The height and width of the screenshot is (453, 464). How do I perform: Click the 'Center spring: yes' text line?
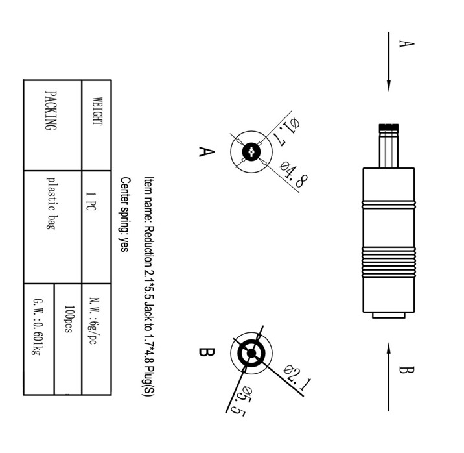coord(124,214)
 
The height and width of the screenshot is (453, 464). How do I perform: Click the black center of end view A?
coord(251,153)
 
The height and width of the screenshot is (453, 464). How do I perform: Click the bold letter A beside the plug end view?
coord(205,152)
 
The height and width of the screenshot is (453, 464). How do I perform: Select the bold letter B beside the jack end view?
coord(205,352)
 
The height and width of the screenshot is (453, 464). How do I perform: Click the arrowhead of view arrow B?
coord(389,349)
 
